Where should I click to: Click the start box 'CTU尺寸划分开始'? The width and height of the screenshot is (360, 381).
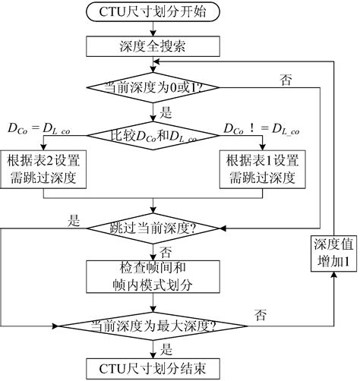(155, 12)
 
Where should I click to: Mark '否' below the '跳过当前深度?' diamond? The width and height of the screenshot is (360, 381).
(166, 250)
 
